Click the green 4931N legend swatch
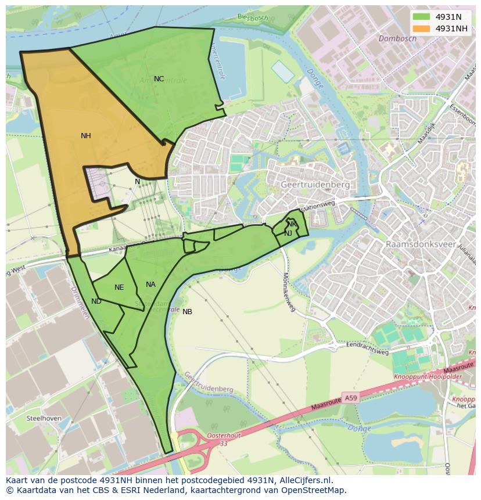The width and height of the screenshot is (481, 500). [x=422, y=17]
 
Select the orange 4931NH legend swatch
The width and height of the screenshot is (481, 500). [x=422, y=28]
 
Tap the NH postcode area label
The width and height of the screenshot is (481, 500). [x=86, y=136]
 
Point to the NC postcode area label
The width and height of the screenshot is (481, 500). [x=159, y=79]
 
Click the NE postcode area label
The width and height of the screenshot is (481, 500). [x=119, y=287]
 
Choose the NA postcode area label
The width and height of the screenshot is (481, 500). [x=150, y=285]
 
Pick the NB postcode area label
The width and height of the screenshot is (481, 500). [x=187, y=312]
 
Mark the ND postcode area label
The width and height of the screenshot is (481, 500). [x=96, y=301]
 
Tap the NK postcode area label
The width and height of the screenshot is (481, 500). [x=292, y=224]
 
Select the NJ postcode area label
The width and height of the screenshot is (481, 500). [x=288, y=233]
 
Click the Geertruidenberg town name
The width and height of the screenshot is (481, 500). [x=315, y=185]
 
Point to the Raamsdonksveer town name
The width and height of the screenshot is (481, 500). [x=421, y=244]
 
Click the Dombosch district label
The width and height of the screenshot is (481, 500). [x=397, y=39]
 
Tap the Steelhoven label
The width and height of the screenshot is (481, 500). [x=44, y=418]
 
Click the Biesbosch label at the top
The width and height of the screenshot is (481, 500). [x=253, y=17]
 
